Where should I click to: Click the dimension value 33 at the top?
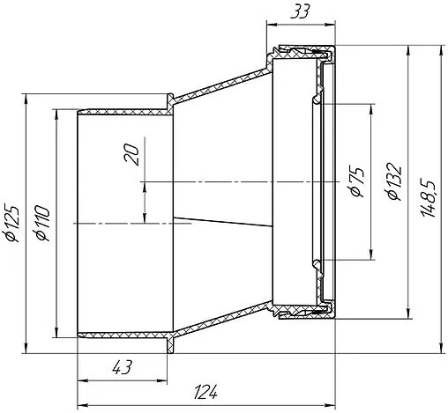coord(300,12)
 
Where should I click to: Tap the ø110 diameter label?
coord(41,223)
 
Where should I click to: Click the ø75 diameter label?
coord(357,182)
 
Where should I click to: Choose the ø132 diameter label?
coord(394,181)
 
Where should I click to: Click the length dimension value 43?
coord(123,367)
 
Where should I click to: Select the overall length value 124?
coord(205,392)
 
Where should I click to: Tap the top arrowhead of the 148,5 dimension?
coord(441,50)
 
